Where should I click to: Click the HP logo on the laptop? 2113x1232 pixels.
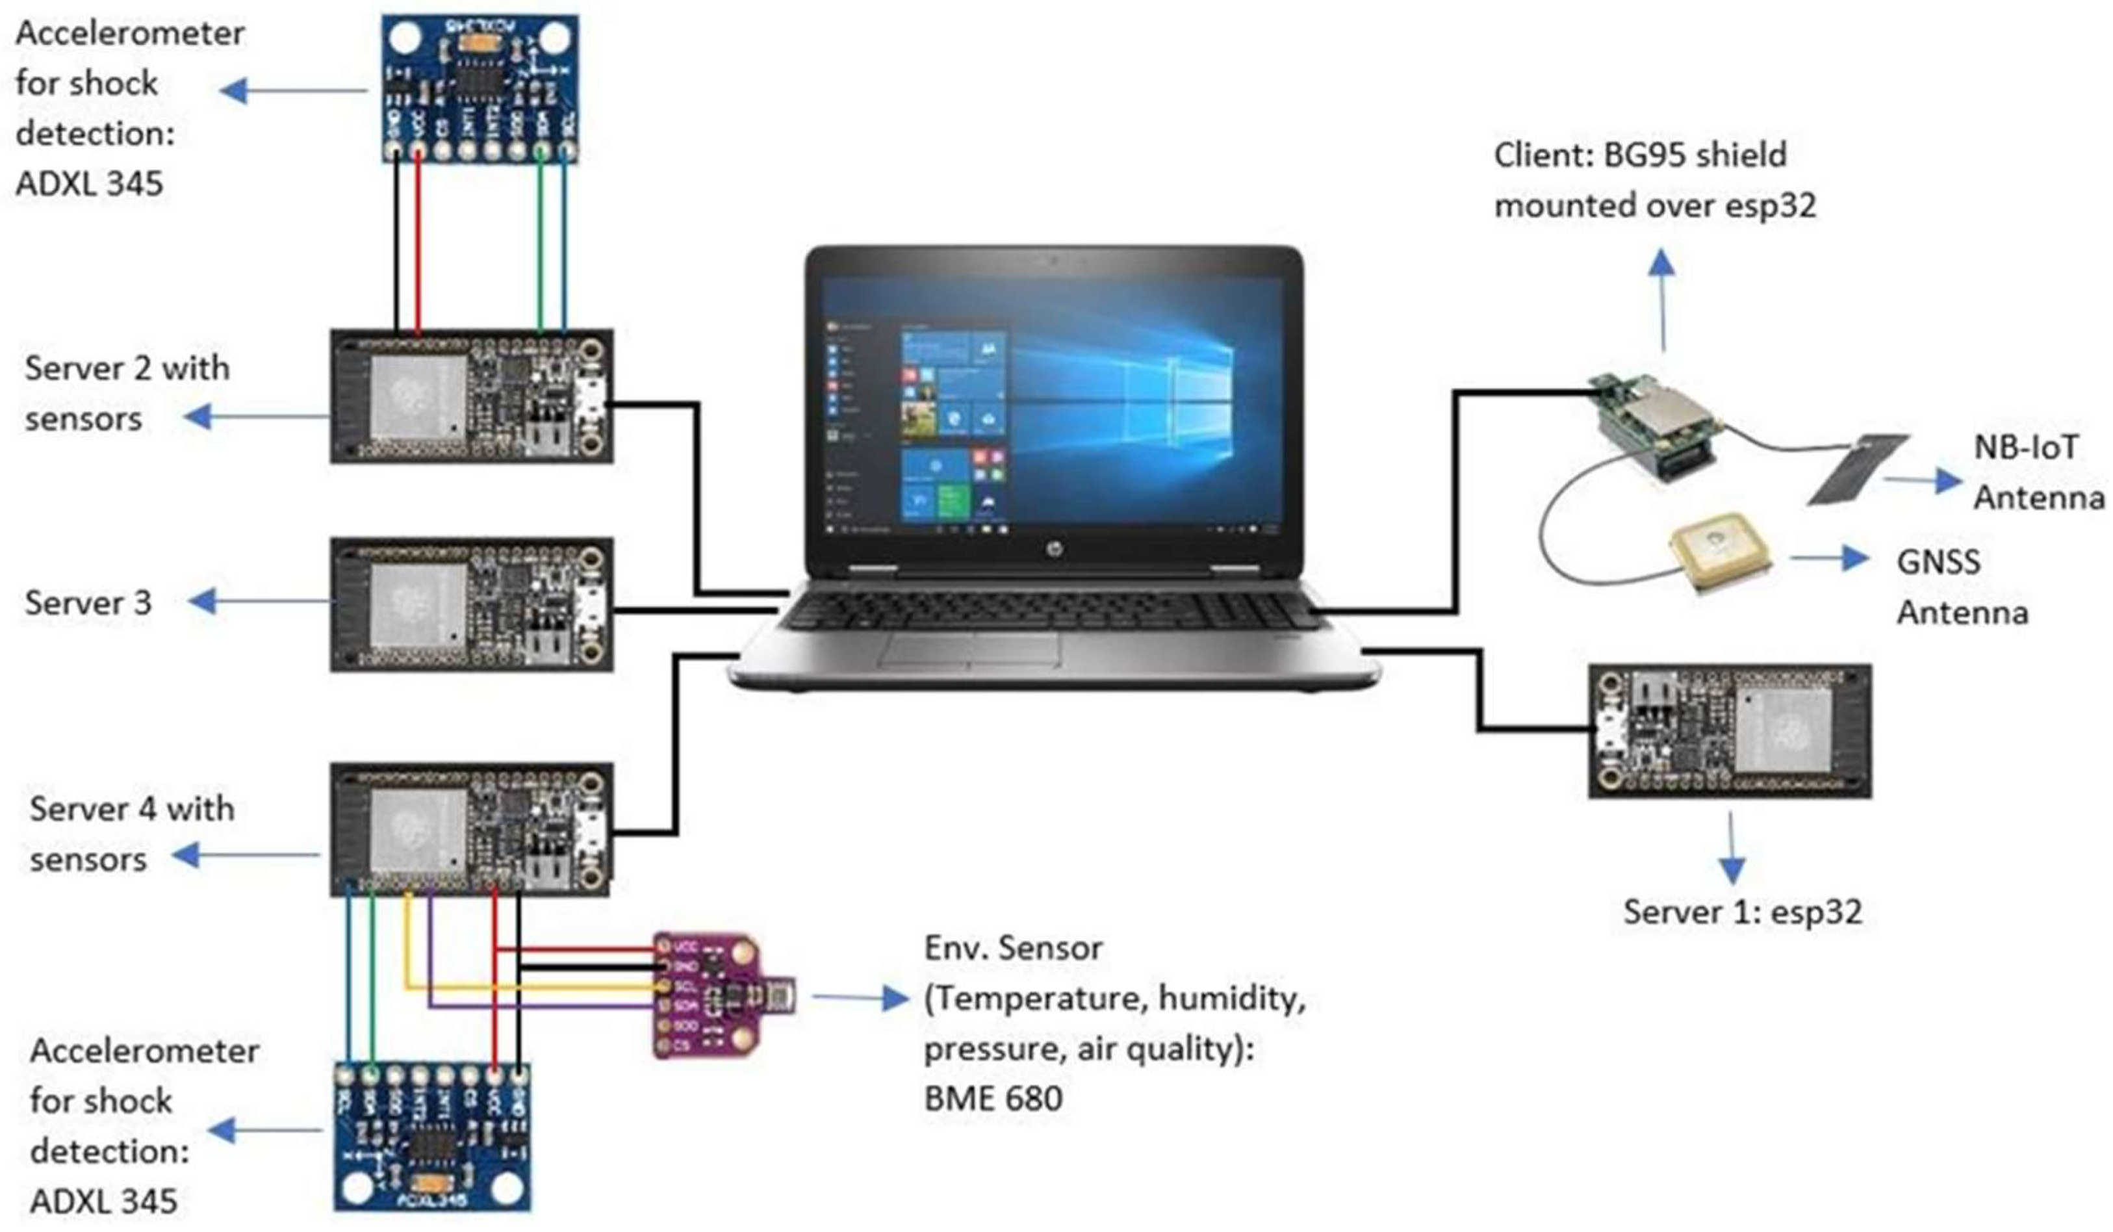tap(1051, 549)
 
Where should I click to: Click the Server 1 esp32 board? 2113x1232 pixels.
tap(1730, 730)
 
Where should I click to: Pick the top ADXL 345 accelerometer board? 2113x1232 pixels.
tap(480, 88)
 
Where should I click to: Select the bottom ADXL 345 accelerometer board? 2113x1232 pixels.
tap(433, 1136)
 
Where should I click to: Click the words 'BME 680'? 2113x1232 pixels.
tap(993, 1099)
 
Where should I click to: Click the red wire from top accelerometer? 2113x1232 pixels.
tap(418, 243)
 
